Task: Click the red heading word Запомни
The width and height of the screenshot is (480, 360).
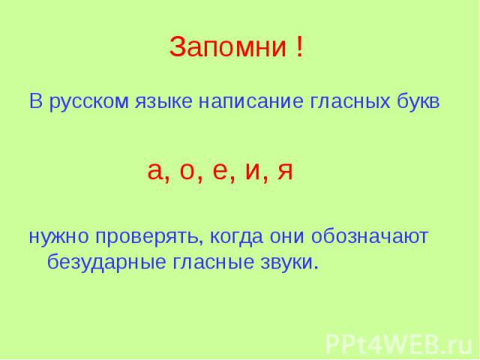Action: tap(228, 46)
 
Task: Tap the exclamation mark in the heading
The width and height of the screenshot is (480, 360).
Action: tap(300, 46)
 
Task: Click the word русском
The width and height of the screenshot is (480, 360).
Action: tap(88, 102)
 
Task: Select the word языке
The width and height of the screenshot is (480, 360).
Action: tap(163, 102)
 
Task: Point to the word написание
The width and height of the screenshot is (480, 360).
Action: tap(251, 102)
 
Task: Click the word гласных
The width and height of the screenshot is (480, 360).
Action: tap(350, 102)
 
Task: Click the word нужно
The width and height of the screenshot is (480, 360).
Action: tap(58, 237)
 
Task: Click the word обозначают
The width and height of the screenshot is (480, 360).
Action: tap(370, 236)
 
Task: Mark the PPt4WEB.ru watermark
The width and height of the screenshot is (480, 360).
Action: tap(399, 344)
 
